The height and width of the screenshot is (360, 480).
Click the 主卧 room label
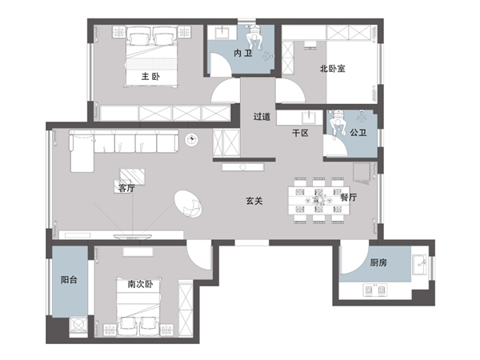(x=150, y=76)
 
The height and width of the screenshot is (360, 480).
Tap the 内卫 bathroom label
(x=243, y=54)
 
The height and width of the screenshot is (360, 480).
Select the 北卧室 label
(x=333, y=68)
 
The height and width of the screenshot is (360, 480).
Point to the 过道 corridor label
(x=262, y=117)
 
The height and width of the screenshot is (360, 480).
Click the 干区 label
(x=300, y=133)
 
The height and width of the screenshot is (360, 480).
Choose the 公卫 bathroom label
(x=358, y=133)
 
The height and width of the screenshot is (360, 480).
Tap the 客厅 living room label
(x=126, y=188)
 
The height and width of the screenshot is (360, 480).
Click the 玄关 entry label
(x=254, y=201)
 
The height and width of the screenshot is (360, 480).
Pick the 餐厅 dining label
(x=349, y=197)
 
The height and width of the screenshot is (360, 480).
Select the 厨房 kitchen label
(x=378, y=262)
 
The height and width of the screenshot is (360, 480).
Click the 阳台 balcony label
(x=69, y=279)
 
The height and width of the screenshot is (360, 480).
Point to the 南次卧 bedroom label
(x=140, y=284)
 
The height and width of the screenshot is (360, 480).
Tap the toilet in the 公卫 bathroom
(x=338, y=122)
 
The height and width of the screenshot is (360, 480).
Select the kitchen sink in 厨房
(x=419, y=265)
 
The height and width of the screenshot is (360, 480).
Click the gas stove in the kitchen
(x=374, y=290)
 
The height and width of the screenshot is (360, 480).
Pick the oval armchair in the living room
(x=188, y=204)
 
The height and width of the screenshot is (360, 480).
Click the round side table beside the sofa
(x=192, y=140)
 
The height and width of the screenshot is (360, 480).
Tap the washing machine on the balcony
(x=78, y=325)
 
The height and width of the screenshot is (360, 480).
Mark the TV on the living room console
(x=133, y=236)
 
